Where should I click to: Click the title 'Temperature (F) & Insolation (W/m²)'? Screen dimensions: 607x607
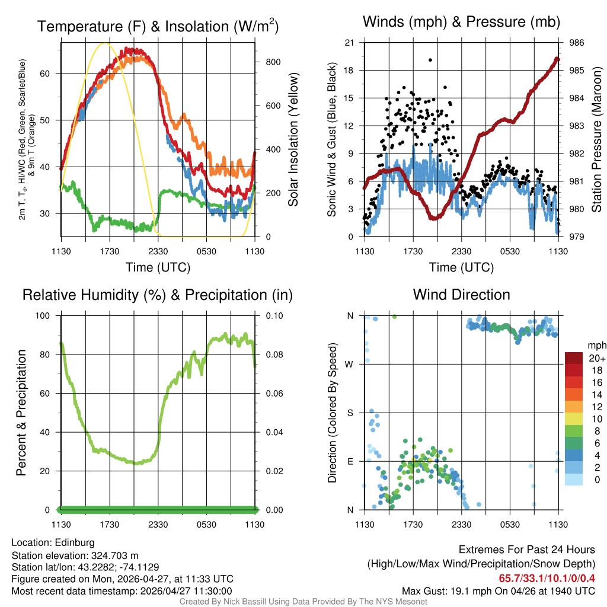(x=158, y=27)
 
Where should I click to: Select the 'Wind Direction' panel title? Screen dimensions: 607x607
(x=461, y=295)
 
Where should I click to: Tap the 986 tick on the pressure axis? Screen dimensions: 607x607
(x=577, y=43)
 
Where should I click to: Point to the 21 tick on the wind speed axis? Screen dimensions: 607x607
(x=349, y=43)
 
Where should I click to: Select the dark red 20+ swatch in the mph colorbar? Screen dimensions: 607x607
(x=574, y=358)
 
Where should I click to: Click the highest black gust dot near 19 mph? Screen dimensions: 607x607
(x=430, y=60)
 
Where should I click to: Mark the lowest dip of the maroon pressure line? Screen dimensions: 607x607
(x=435, y=218)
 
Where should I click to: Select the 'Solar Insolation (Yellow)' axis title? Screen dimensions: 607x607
(x=293, y=140)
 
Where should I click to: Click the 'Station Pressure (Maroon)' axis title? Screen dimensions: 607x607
(x=597, y=140)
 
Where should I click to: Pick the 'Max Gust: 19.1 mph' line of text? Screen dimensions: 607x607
(x=498, y=591)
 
